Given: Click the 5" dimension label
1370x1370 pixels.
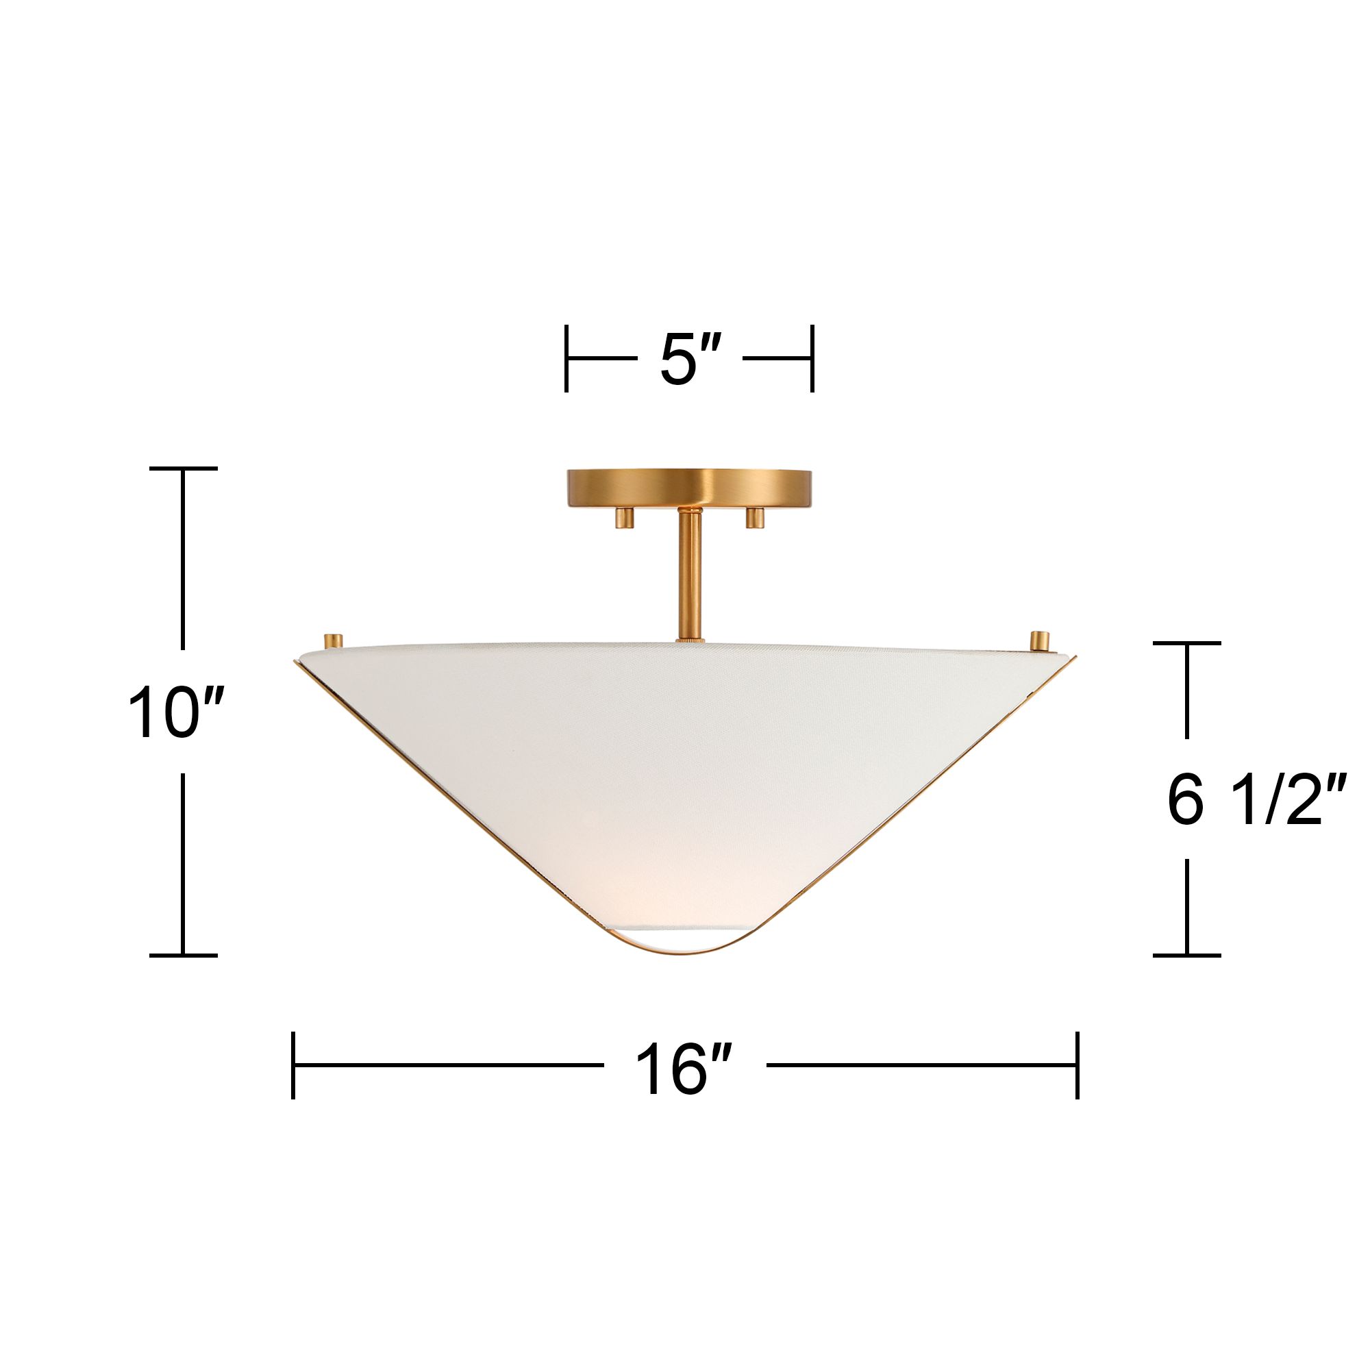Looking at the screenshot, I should (689, 360).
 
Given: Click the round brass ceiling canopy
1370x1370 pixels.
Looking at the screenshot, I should (688, 487).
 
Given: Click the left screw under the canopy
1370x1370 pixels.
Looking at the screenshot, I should (623, 518).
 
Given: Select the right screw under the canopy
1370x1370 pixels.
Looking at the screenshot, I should (753, 518).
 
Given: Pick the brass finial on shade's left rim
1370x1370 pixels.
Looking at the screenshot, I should (334, 640).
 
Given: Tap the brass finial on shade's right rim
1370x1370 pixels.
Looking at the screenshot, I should (1040, 641).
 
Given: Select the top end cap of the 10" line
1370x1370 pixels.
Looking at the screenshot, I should (183, 469).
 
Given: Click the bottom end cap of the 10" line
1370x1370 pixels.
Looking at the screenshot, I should (183, 955).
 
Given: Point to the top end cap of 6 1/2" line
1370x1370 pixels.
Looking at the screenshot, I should (1186, 643).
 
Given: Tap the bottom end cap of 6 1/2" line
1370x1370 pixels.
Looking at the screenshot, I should (1186, 955).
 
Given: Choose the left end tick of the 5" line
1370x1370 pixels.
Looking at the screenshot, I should (566, 358).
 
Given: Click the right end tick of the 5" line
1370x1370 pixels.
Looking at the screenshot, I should (812, 358).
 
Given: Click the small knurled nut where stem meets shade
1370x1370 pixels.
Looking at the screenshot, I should (688, 640).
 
